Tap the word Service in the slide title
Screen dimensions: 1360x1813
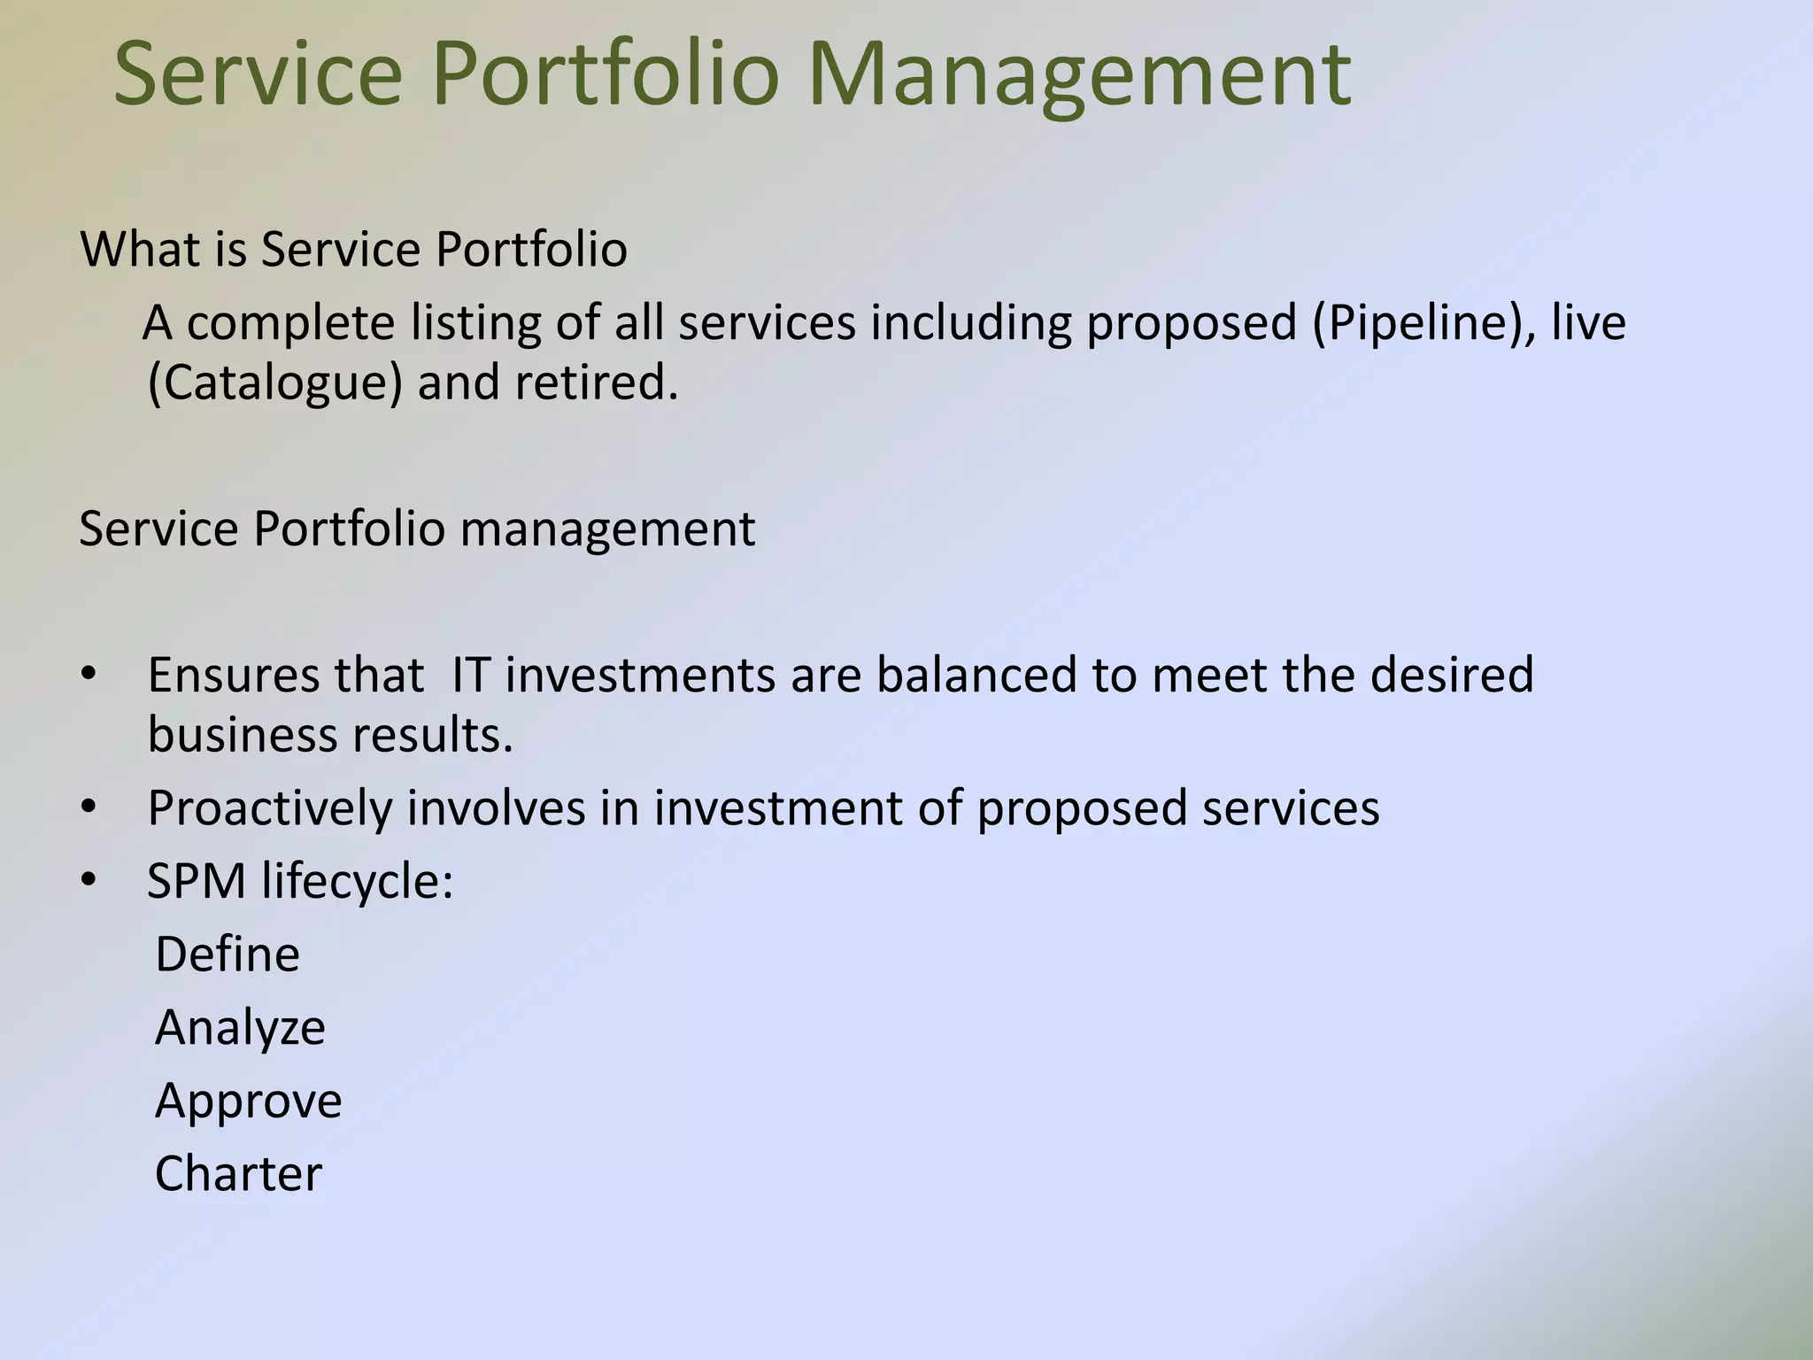coord(258,74)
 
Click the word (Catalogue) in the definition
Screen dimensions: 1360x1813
coord(275,382)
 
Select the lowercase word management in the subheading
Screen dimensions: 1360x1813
coord(607,529)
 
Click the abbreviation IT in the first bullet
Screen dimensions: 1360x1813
coord(470,675)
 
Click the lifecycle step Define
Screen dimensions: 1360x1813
coord(228,954)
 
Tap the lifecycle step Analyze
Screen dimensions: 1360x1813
coord(240,1028)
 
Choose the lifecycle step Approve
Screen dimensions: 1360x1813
coord(248,1101)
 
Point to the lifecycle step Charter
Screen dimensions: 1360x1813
coord(238,1174)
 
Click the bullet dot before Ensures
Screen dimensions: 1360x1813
coord(87,676)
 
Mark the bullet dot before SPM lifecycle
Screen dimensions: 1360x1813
coord(87,881)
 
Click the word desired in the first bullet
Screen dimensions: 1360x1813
coord(1452,675)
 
